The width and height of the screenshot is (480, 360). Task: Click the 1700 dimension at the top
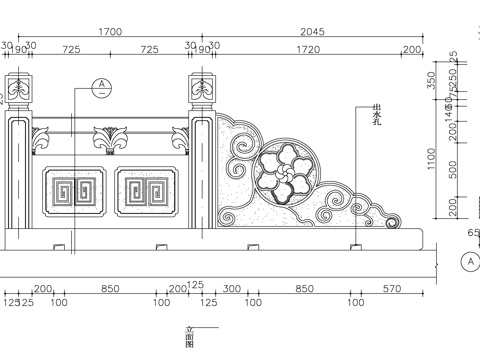[x=111, y=32]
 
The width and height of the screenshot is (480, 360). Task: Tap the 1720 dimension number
[x=308, y=49]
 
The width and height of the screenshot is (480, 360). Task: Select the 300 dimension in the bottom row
[x=232, y=288]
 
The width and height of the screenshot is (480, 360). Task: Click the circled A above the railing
[x=101, y=86]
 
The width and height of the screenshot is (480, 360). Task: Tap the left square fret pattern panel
[x=74, y=192]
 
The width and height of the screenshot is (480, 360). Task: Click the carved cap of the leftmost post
[x=20, y=88]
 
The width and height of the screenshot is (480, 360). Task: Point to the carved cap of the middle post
[x=201, y=88]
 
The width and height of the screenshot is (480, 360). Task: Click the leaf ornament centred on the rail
[x=110, y=138]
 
